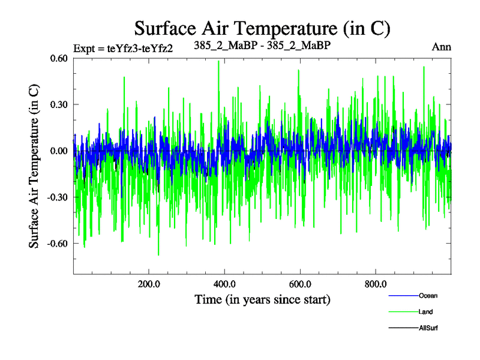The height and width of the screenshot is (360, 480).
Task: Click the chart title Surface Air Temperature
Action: (262, 28)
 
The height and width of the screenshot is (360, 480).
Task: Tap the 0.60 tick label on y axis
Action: (59, 58)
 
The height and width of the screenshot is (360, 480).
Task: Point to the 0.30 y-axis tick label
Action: (59, 104)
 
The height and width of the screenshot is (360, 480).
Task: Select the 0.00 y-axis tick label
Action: (59, 151)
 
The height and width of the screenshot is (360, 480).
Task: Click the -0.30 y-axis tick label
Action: (58, 197)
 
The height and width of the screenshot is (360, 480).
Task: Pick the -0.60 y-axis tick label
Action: (58, 243)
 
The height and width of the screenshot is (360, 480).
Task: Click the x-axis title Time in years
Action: (262, 298)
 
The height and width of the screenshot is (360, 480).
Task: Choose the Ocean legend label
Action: (428, 296)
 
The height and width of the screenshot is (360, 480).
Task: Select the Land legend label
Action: (426, 312)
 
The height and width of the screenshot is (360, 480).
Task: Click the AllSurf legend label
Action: (430, 328)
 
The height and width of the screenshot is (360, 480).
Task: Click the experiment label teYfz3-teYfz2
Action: (123, 49)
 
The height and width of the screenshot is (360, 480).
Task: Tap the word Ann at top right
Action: (442, 46)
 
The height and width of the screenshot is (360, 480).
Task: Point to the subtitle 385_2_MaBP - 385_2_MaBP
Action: (262, 45)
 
